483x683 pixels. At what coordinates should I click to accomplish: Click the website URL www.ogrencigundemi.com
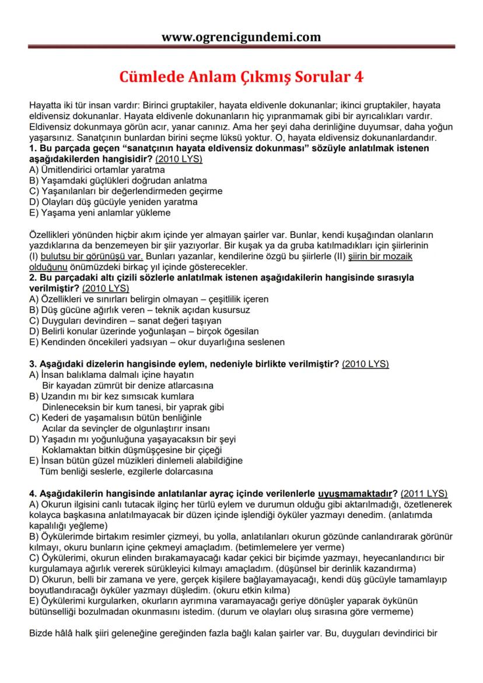click(x=241, y=37)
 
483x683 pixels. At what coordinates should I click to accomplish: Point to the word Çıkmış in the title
click(x=247, y=77)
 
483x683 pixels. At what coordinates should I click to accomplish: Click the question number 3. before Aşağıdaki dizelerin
click(x=33, y=364)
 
